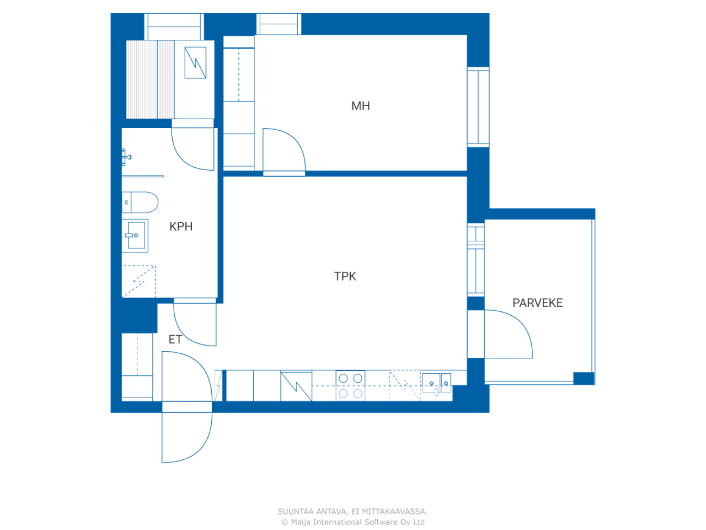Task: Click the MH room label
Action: (360, 106)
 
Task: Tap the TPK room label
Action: (345, 276)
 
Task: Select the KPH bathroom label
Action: (181, 226)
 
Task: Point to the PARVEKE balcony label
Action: (537, 303)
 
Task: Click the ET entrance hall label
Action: (175, 340)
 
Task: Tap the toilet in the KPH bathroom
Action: (140, 203)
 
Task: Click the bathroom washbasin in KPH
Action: (135, 236)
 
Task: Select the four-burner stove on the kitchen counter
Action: (350, 385)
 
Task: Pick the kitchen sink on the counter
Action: (436, 384)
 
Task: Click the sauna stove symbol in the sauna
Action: (195, 63)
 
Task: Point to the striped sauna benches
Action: (150, 79)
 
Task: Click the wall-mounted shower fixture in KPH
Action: (126, 157)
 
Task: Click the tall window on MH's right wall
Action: (478, 107)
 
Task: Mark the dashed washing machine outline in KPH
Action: (138, 281)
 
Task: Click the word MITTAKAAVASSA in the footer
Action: (395, 511)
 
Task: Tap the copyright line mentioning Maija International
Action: (353, 522)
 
